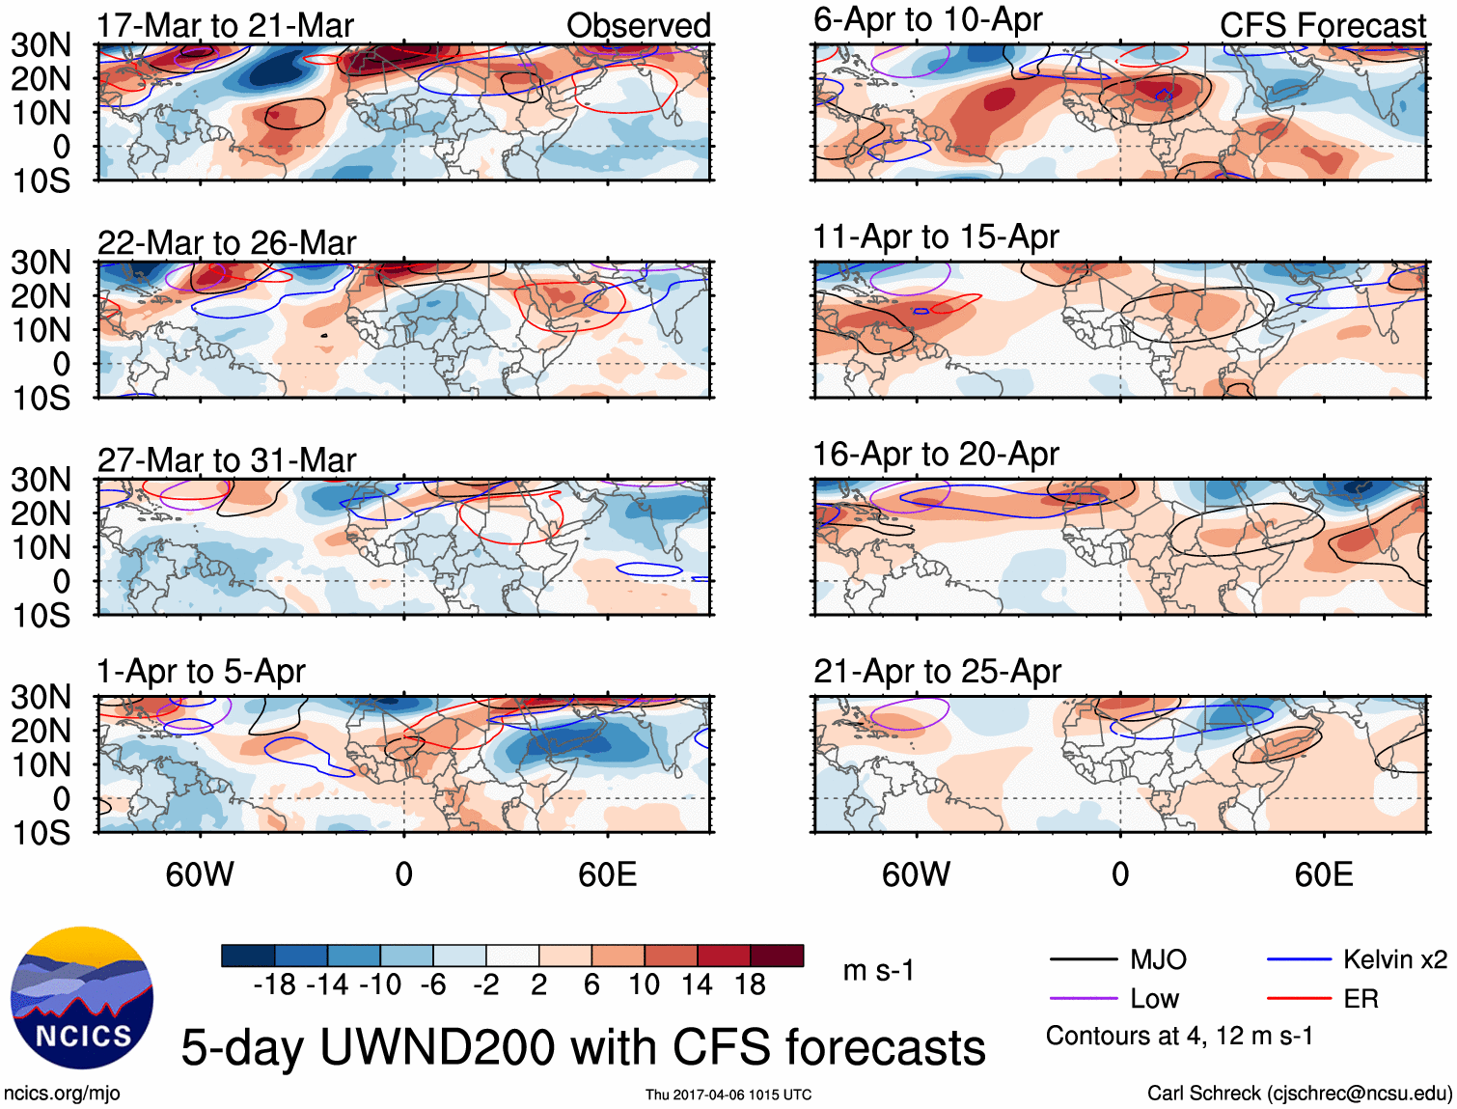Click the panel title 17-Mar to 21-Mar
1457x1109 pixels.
point(226,25)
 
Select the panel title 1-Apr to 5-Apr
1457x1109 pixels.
point(201,671)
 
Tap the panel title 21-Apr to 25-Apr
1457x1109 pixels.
point(937,671)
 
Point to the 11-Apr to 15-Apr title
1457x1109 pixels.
point(936,236)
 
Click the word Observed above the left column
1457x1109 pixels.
point(638,25)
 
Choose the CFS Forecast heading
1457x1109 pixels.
point(1322,25)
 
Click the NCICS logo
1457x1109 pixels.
point(82,998)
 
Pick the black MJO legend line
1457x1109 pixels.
point(1083,960)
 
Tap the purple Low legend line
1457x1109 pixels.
point(1083,999)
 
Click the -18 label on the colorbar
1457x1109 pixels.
point(274,984)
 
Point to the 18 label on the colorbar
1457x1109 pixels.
point(750,984)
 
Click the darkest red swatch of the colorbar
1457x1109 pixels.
point(777,956)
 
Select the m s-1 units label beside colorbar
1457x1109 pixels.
point(878,970)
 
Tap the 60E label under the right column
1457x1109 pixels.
point(1323,874)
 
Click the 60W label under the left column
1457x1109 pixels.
point(200,874)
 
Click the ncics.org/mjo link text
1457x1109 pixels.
point(62,1094)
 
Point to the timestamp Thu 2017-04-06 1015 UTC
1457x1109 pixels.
point(728,1095)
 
